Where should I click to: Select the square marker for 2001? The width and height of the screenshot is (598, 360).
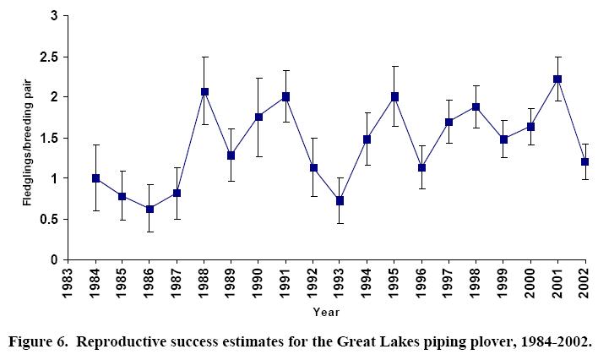coord(557,79)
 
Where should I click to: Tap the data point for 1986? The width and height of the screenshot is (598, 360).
coord(149,209)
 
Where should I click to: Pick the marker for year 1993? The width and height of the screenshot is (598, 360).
coord(340,200)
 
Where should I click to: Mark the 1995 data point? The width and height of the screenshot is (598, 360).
coord(394,96)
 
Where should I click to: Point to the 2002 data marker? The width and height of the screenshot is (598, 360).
coord(584,161)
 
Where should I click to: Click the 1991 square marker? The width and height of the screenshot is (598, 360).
coord(285,96)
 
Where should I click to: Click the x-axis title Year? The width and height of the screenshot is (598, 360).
coord(327,313)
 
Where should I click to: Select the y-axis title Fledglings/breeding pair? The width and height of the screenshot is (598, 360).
coord(25,137)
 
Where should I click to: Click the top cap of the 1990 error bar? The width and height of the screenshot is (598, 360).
coord(258,78)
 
